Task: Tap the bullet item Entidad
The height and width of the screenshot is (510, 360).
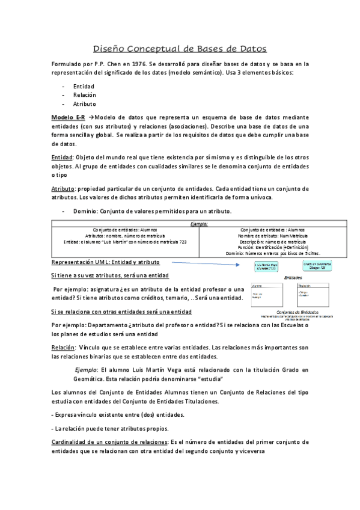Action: tap(84, 86)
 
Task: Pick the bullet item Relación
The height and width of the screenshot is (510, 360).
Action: tap(85, 95)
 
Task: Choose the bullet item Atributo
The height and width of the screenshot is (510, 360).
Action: tap(85, 104)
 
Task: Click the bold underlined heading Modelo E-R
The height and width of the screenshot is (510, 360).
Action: tap(68, 117)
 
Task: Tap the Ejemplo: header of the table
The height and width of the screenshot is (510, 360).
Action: tap(199, 223)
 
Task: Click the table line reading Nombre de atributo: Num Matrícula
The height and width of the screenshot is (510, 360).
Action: tap(265, 235)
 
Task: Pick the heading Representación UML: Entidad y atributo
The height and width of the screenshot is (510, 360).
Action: tap(105, 263)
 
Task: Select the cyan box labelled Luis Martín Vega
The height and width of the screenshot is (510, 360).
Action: tap(266, 266)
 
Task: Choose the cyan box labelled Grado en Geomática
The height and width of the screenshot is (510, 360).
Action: tap(317, 265)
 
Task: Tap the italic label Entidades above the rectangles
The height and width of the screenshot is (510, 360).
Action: tap(293, 277)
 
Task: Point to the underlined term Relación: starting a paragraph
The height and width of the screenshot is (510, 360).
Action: tap(63, 348)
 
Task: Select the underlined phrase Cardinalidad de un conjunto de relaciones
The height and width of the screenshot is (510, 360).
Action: tap(109, 442)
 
